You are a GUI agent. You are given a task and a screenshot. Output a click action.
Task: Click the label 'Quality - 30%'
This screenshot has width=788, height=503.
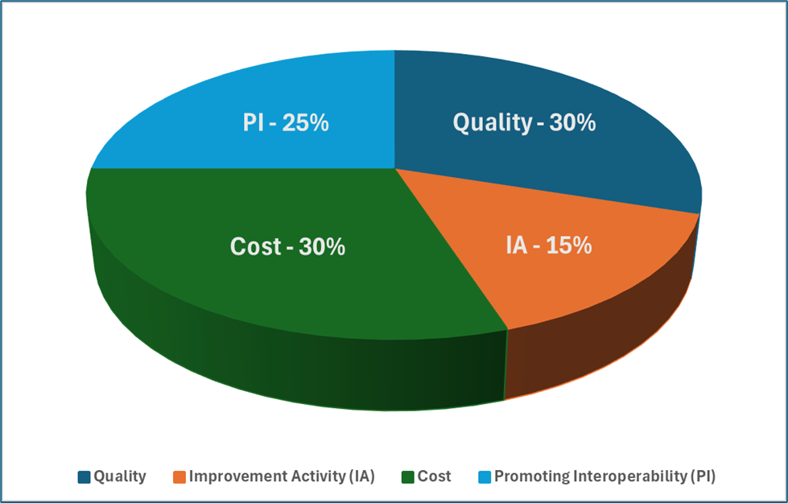click(x=524, y=122)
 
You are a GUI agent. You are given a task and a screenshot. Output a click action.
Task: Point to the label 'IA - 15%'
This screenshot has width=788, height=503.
click(x=549, y=245)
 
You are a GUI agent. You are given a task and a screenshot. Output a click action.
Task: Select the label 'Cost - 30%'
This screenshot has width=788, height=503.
click(x=288, y=246)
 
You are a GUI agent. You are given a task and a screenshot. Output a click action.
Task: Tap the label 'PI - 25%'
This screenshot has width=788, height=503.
click(x=286, y=123)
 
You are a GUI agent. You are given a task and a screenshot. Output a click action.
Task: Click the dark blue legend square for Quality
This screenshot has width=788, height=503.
click(x=85, y=476)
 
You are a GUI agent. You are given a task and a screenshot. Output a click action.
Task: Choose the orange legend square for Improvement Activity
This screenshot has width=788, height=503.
click(x=179, y=476)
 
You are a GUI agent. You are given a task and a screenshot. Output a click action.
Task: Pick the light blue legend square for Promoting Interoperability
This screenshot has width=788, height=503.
click(x=485, y=476)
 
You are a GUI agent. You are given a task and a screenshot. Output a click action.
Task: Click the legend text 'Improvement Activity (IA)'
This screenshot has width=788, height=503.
click(x=282, y=476)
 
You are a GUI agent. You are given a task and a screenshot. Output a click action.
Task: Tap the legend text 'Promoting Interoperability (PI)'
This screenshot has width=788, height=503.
click(x=604, y=476)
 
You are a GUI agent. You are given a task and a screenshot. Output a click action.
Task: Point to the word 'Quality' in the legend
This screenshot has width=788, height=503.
click(x=120, y=476)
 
